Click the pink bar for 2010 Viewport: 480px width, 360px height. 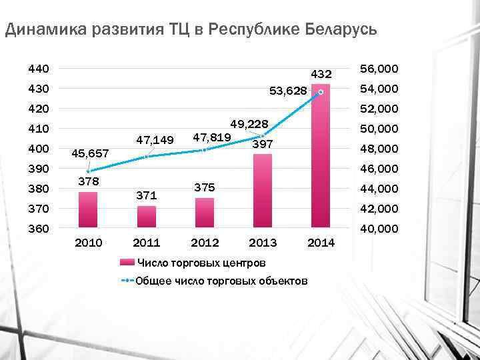[88, 210]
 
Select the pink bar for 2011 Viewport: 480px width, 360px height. [146, 217]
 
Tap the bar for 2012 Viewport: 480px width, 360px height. [205, 213]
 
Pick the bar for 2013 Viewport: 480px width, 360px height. [263, 191]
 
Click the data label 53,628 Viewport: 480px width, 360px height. [288, 91]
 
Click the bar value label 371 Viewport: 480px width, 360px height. [146, 196]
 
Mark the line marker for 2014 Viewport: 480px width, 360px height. [321, 92]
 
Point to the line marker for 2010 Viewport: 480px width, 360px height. [88, 171]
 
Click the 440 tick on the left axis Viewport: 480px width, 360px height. [38, 69]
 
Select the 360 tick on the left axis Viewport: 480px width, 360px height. [38, 229]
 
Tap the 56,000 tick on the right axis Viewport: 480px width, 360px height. [379, 69]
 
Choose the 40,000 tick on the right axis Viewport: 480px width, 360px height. [379, 229]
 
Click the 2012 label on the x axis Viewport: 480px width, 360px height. [205, 241]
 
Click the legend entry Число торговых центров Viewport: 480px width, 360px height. [201, 262]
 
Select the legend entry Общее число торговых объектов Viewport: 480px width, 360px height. [220, 281]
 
